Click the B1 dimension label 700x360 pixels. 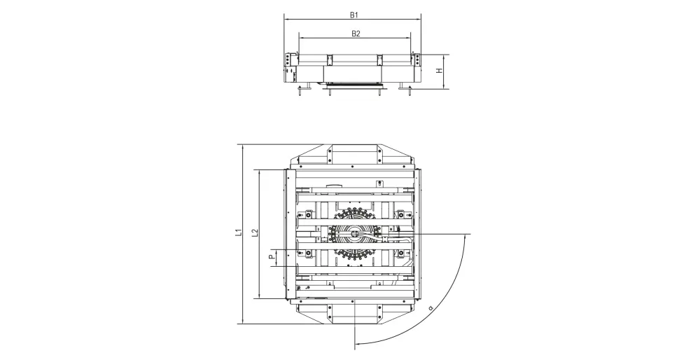tap(354, 15)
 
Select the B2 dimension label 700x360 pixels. tap(356, 34)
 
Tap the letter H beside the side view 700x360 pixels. tap(439, 71)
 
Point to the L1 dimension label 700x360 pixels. tap(239, 232)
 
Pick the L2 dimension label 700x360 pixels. tap(255, 233)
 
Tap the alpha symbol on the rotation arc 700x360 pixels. tap(430, 307)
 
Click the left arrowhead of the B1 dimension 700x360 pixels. tap(286, 20)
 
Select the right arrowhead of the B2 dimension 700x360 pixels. tap(409, 39)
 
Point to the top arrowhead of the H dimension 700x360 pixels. tap(444, 57)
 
